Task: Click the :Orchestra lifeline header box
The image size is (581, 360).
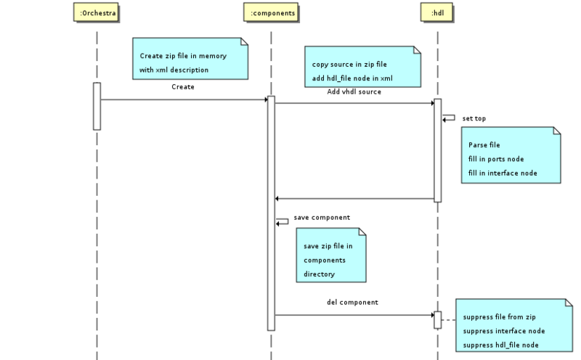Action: (x=97, y=12)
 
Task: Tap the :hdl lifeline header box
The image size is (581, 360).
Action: (x=438, y=12)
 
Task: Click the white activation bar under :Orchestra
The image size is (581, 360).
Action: (x=97, y=106)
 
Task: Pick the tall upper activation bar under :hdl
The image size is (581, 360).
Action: (x=438, y=150)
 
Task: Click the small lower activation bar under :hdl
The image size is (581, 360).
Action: (x=438, y=319)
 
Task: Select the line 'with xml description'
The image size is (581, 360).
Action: (x=174, y=70)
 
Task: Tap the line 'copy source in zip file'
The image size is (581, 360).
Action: (x=349, y=64)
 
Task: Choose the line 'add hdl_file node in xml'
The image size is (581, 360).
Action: (x=352, y=78)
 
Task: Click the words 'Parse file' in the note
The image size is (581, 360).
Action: (x=484, y=145)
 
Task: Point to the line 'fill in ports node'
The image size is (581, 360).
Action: (x=496, y=159)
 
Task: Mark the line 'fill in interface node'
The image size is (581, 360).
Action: (x=503, y=173)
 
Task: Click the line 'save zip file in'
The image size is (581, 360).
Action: (x=328, y=246)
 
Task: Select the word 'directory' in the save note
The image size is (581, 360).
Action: (x=320, y=274)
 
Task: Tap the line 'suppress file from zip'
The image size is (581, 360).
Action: (x=500, y=317)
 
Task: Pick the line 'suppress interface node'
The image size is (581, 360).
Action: (x=503, y=330)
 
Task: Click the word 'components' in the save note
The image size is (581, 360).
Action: (x=325, y=260)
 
